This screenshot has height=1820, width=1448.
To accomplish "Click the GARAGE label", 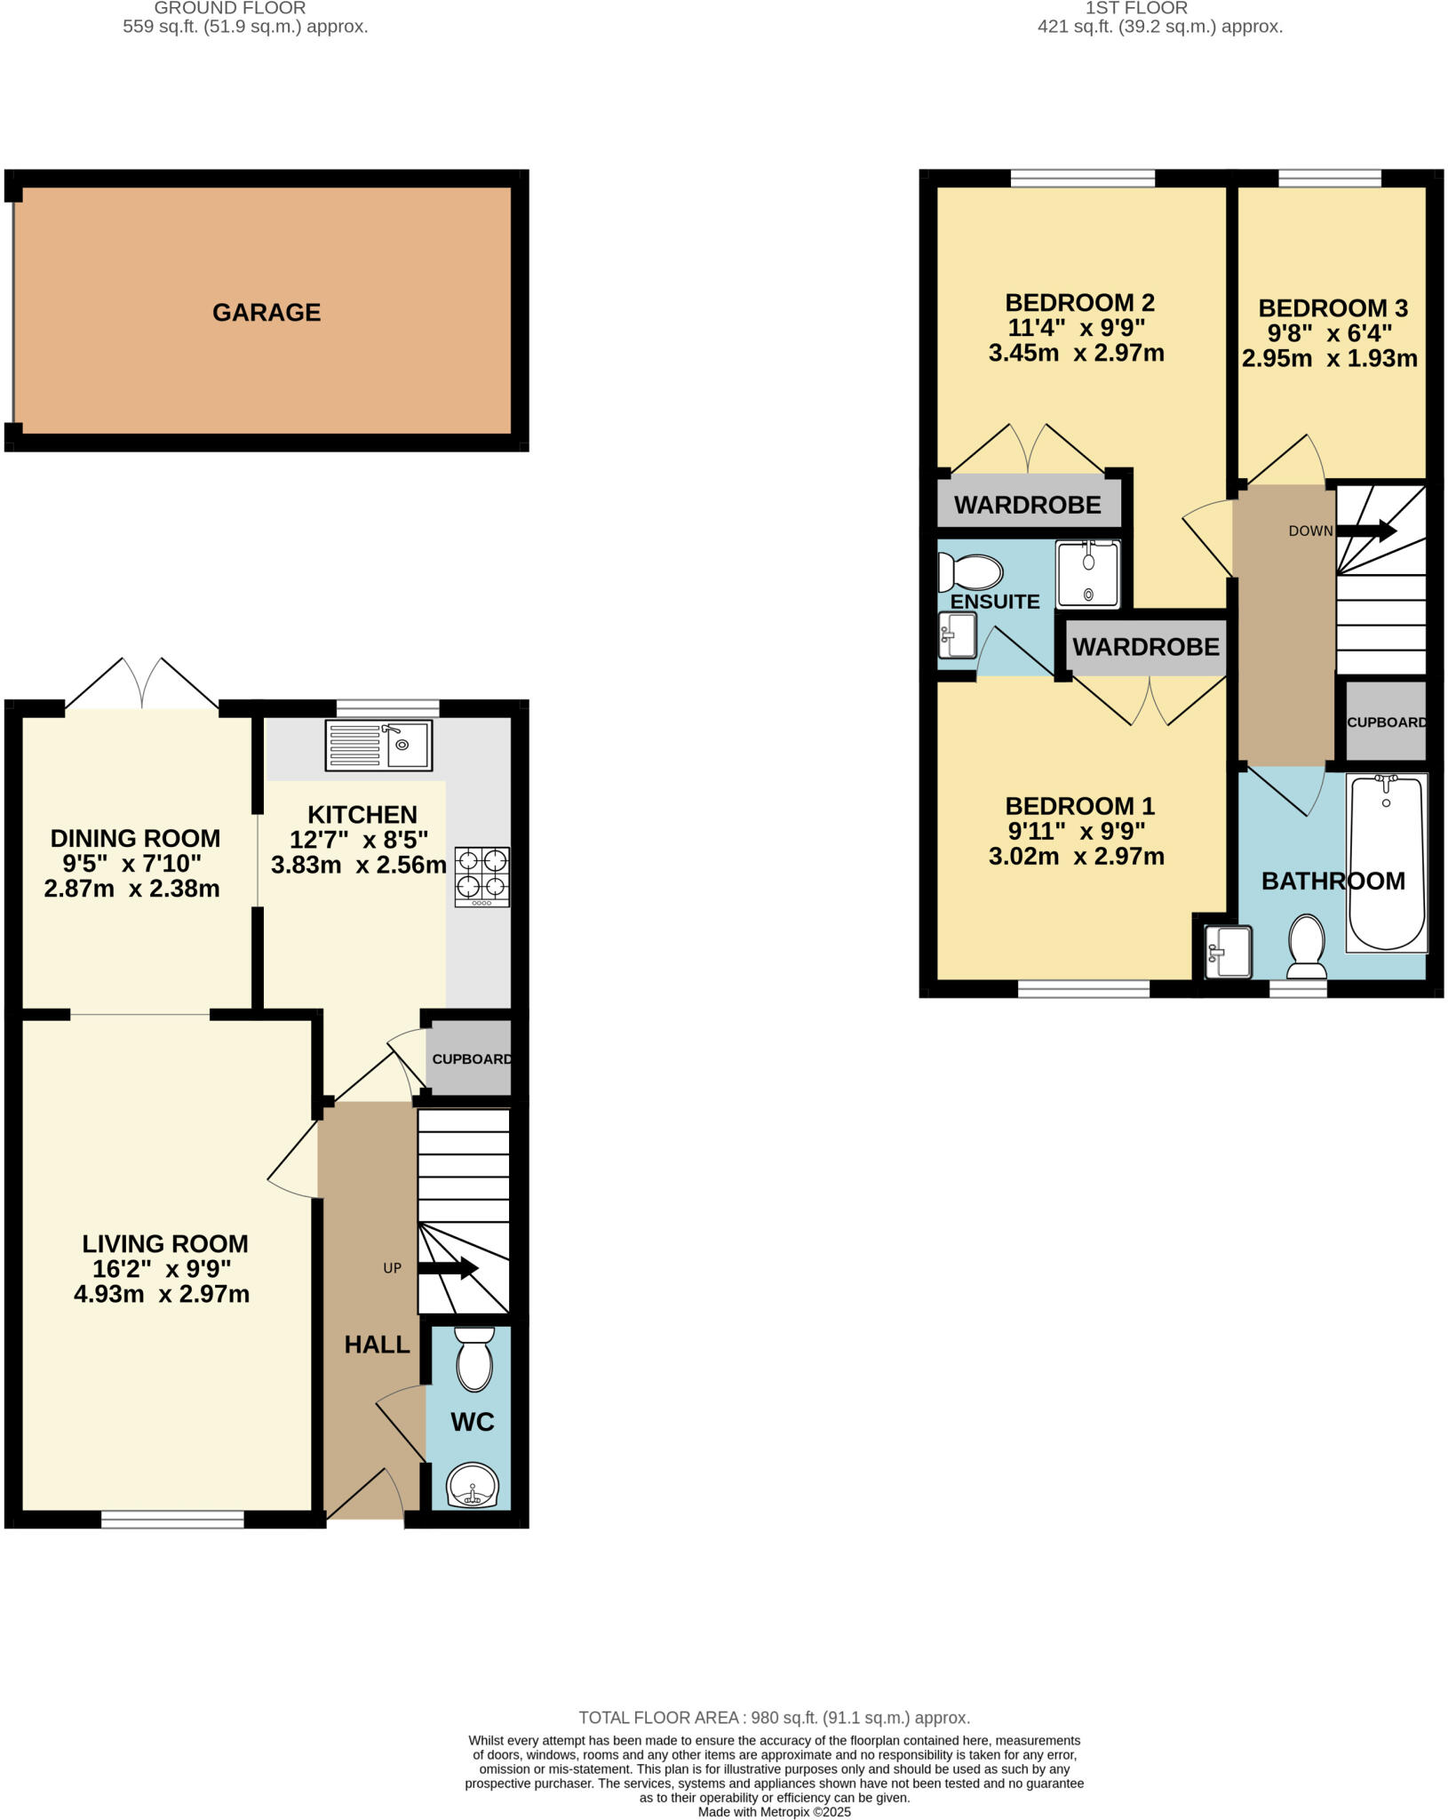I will click(266, 312).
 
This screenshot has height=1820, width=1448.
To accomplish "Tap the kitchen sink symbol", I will click(379, 745).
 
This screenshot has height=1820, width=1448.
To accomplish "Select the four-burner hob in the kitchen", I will click(482, 876).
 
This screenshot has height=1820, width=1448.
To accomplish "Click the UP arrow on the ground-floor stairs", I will click(448, 1268).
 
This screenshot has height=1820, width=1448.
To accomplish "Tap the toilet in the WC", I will click(474, 1359).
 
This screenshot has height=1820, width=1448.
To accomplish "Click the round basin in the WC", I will click(473, 1485).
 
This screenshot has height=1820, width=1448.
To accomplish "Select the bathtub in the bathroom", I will click(1387, 862).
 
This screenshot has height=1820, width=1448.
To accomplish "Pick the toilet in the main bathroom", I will click(1306, 946).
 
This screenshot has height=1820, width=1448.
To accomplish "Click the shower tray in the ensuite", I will click(1087, 573).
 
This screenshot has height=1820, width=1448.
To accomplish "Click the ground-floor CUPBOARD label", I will click(472, 1058).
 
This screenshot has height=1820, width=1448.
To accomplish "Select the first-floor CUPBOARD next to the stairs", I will click(1386, 722).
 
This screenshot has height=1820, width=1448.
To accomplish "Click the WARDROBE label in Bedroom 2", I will click(1027, 505).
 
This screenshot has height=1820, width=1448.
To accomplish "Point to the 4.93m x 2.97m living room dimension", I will click(162, 1294).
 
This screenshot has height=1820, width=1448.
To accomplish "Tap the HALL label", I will click(377, 1345).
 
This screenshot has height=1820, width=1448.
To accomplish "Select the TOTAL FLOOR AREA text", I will click(774, 1718).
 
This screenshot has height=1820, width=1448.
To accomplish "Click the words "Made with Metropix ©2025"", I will click(774, 1812).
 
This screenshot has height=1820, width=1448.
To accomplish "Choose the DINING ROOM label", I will click(135, 838).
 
